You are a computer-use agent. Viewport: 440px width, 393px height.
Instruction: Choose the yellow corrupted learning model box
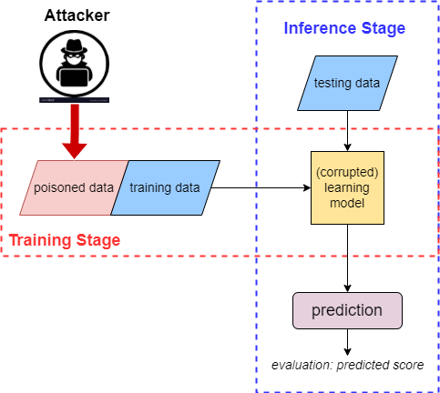347,188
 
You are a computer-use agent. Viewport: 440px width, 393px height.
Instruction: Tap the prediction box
347,310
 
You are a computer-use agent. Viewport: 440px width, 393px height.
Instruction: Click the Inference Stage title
344,28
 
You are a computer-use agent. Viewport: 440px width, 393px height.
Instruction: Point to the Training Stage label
64,242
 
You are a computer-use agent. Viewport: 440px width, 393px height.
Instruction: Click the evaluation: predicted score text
346,366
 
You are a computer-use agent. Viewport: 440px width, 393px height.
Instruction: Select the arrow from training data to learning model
264,188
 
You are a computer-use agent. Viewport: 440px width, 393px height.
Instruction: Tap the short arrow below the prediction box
347,341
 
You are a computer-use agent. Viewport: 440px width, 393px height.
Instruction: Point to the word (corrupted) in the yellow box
347,170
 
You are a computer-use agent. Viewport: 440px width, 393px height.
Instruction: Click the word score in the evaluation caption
405,366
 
